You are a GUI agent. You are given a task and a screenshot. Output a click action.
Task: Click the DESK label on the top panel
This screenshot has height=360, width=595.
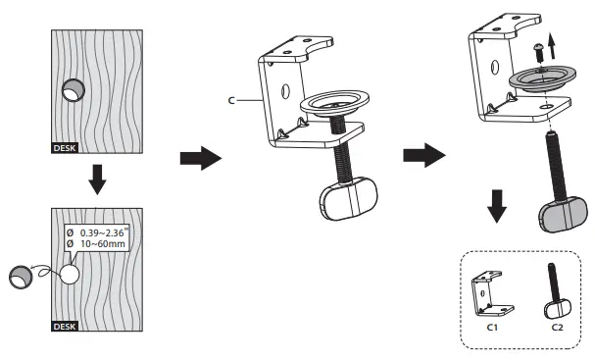tap(64, 151)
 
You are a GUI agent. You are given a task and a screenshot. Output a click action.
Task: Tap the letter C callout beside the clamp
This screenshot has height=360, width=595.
tap(229, 100)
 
